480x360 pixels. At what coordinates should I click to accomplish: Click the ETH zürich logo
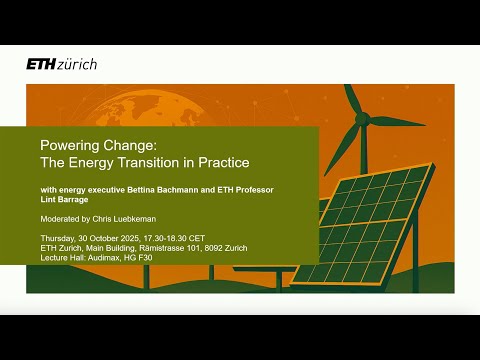coord(61,64)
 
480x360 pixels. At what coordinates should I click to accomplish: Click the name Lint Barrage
coord(62,200)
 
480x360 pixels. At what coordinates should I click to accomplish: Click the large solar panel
coord(370,225)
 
